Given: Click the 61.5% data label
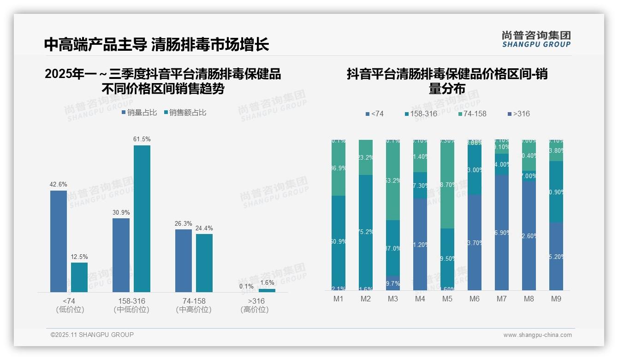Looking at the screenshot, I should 142,139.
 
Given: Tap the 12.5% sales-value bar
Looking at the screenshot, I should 79,277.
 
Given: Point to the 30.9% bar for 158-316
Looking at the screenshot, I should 121,255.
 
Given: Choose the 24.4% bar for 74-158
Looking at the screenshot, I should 204,263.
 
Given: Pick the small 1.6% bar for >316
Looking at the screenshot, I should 267,290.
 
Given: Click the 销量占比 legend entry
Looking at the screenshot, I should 139,113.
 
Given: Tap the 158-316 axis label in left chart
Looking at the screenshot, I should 131,301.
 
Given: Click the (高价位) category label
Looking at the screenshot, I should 255,310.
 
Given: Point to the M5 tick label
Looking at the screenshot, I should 447,299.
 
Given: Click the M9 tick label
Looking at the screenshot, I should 556,299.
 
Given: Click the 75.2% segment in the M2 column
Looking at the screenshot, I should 366,232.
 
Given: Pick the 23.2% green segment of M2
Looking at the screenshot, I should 366,157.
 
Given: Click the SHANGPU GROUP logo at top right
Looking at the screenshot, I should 536,39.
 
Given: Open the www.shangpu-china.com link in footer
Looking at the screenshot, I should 537,335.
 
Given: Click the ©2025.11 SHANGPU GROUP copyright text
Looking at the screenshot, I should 92,335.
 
